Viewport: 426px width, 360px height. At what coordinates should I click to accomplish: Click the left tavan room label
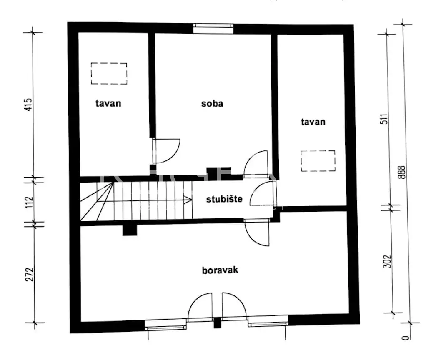tap(108, 103)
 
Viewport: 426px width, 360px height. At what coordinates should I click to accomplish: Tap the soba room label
tap(212, 103)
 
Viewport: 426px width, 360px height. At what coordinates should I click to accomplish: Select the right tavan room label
tap(313, 122)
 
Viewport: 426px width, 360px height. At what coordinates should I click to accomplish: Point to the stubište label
tap(224, 199)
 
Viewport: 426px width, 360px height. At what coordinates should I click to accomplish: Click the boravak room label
tap(220, 270)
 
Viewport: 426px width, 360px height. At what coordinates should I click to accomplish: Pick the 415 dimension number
tap(28, 105)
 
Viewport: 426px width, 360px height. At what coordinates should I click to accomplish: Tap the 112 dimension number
tap(29, 202)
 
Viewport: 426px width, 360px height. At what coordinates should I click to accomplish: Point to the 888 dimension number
tap(401, 172)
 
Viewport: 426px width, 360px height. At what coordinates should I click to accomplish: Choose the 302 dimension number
tap(387, 261)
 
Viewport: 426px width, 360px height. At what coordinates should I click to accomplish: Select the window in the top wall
tap(213, 28)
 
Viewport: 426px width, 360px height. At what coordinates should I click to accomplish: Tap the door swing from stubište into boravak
tap(257, 232)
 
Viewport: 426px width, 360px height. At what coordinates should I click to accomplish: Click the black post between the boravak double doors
tap(217, 322)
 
